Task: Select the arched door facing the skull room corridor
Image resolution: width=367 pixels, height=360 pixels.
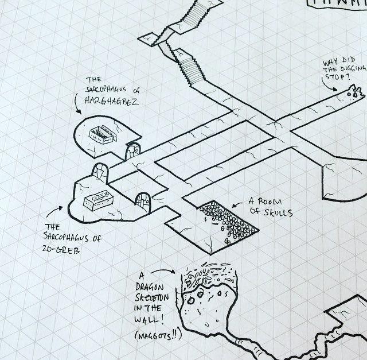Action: pos(142,201)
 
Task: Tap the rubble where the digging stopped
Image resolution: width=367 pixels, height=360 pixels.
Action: pos(353,91)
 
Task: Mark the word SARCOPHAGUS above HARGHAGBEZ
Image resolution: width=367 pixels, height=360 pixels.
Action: pos(110,91)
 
